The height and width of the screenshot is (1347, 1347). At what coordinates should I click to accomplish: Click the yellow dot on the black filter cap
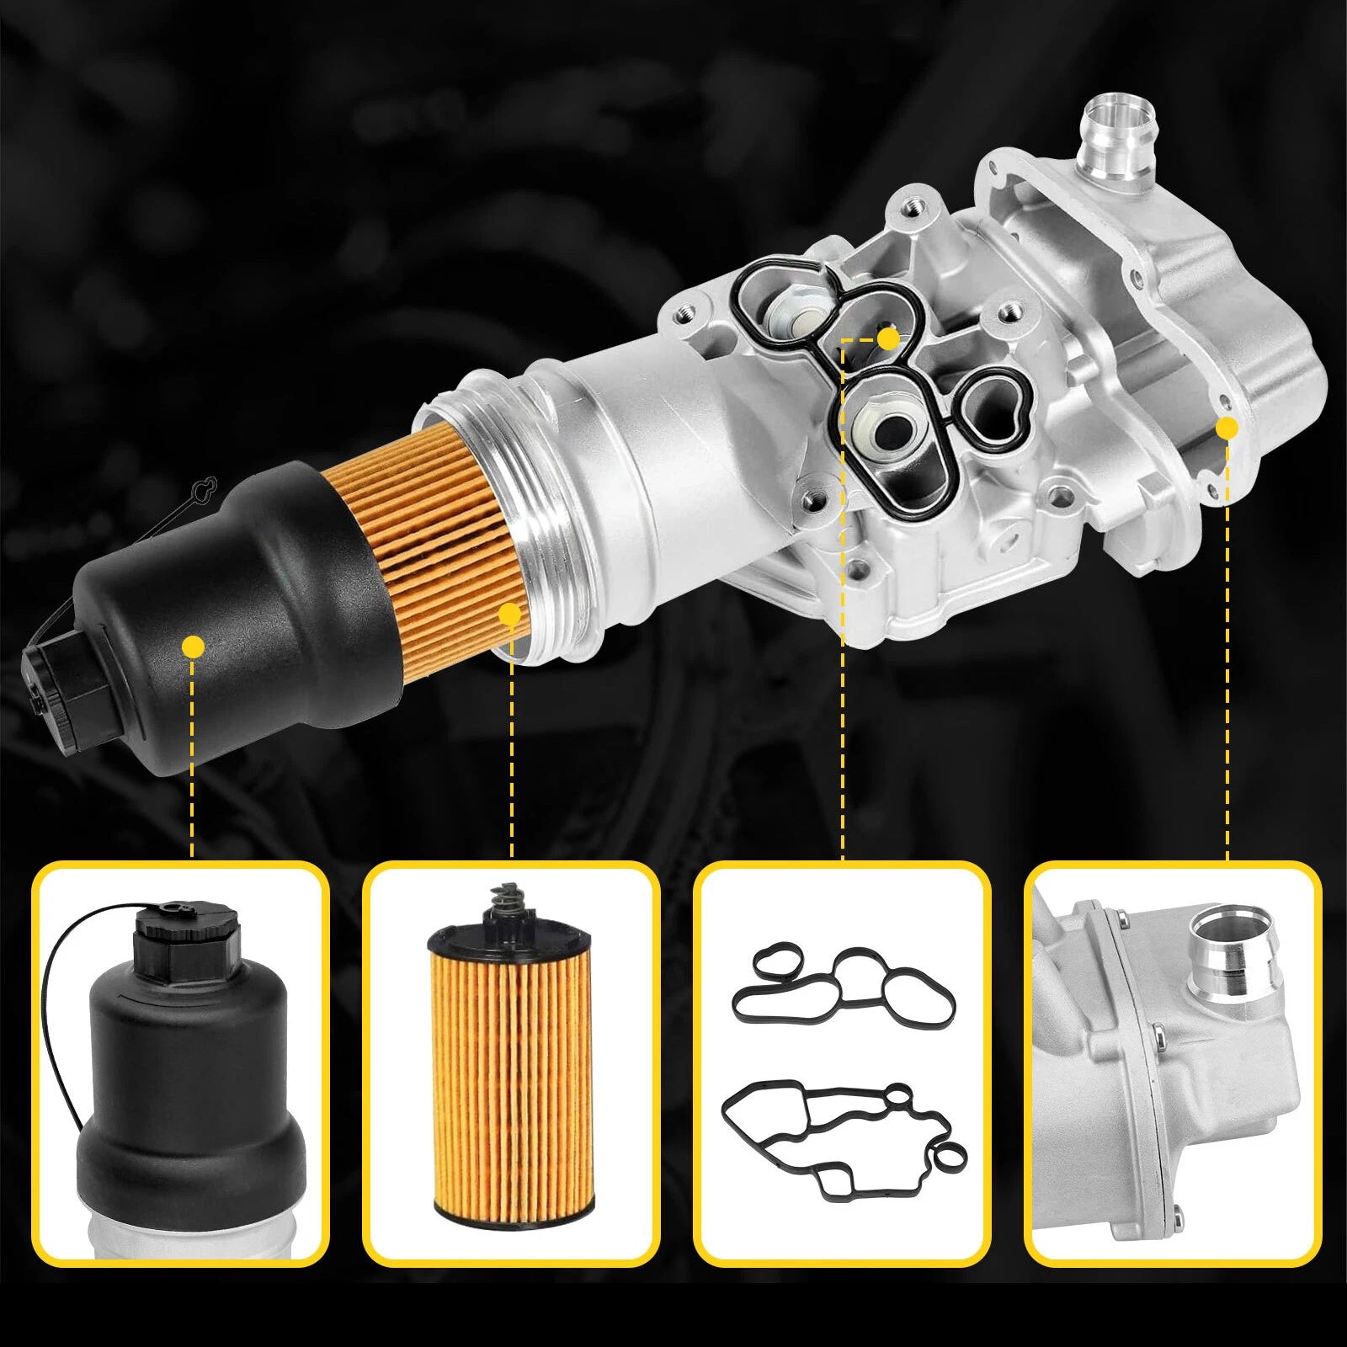click(x=194, y=647)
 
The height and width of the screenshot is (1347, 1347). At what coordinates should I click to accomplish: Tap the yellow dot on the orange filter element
click(x=509, y=614)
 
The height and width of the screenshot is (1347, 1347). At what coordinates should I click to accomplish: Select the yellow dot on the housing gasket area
click(x=887, y=338)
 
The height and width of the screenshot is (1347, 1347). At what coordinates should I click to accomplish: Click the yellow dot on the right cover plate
click(x=1227, y=427)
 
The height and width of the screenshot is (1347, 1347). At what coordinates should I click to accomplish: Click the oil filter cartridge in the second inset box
click(x=499, y=1094)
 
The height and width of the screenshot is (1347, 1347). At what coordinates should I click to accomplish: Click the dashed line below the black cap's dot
click(x=194, y=758)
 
